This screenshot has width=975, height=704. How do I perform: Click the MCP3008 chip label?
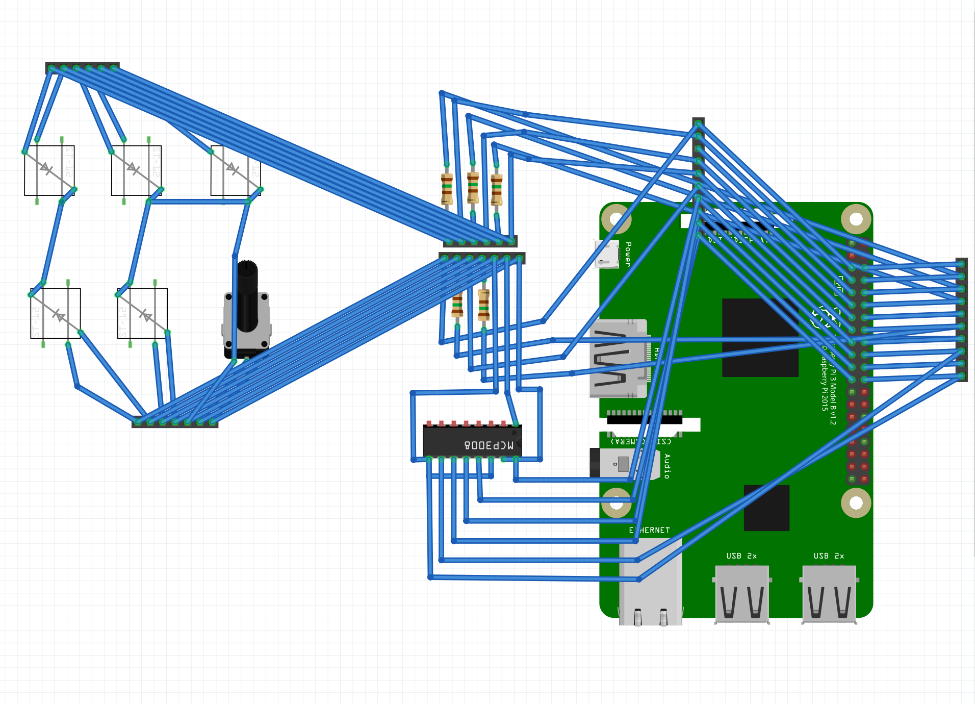click(x=489, y=445)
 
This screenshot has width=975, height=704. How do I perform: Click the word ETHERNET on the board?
click(x=649, y=531)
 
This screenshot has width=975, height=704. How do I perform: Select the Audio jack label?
click(x=666, y=466)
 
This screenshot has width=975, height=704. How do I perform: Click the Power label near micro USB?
click(x=628, y=254)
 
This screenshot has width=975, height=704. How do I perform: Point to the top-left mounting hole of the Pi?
click(x=616, y=219)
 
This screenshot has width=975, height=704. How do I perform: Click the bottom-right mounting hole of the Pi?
click(x=856, y=502)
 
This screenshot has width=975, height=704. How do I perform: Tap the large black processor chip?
click(x=760, y=338)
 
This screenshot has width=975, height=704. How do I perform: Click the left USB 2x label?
click(x=741, y=556)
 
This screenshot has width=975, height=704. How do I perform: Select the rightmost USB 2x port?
click(x=829, y=594)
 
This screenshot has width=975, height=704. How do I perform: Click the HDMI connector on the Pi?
click(x=619, y=359)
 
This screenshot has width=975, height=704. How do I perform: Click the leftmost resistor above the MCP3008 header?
click(x=447, y=189)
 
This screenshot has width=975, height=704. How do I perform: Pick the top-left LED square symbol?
click(x=49, y=170)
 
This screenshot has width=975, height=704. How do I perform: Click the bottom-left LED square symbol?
click(x=56, y=313)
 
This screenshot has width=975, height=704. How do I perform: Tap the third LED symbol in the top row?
click(x=236, y=170)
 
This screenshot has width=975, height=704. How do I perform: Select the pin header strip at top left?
click(x=82, y=68)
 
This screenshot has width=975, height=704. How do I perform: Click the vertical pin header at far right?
click(x=961, y=319)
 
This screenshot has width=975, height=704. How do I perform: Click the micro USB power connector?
click(x=606, y=254)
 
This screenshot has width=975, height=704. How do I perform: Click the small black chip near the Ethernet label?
click(x=766, y=508)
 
